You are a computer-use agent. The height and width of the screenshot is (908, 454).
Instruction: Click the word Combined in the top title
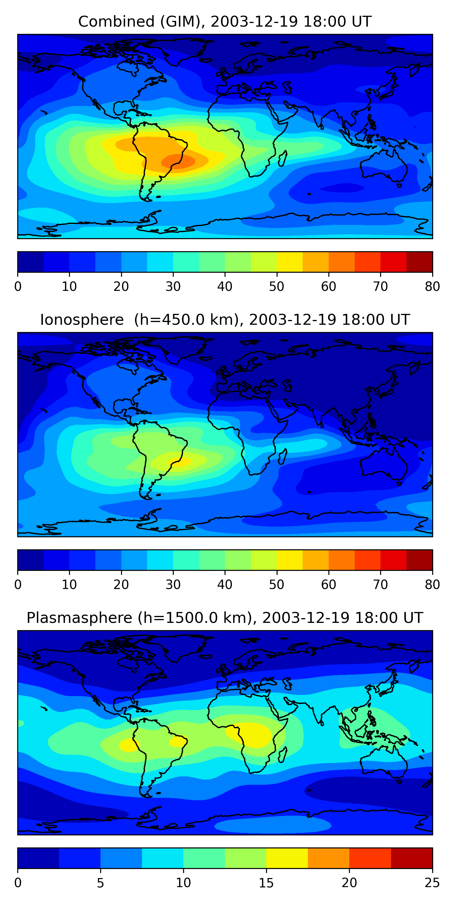[x=116, y=22]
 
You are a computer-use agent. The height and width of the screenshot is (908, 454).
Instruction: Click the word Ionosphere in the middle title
[x=82, y=320]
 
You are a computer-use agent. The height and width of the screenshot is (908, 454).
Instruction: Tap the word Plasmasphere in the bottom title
[x=79, y=618]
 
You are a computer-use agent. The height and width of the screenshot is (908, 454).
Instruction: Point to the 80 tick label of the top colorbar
[x=432, y=287]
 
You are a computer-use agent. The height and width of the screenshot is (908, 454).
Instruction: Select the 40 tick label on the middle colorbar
[x=225, y=585]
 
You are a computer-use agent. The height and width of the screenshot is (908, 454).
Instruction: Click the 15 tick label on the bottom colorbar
[x=266, y=883]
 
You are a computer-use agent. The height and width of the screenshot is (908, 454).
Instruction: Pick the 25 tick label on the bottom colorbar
[x=432, y=883]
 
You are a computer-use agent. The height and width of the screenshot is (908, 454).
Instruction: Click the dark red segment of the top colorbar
[x=419, y=262]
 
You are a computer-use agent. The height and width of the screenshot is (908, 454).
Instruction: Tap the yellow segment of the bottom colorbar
[x=287, y=858]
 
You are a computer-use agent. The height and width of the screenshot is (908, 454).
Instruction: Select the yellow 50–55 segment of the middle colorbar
[x=290, y=560]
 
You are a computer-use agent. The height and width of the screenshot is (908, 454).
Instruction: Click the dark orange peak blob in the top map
[x=178, y=161]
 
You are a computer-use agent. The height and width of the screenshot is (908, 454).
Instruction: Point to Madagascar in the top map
[x=282, y=159]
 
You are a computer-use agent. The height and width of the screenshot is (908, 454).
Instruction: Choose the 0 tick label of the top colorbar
[x=18, y=287]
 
